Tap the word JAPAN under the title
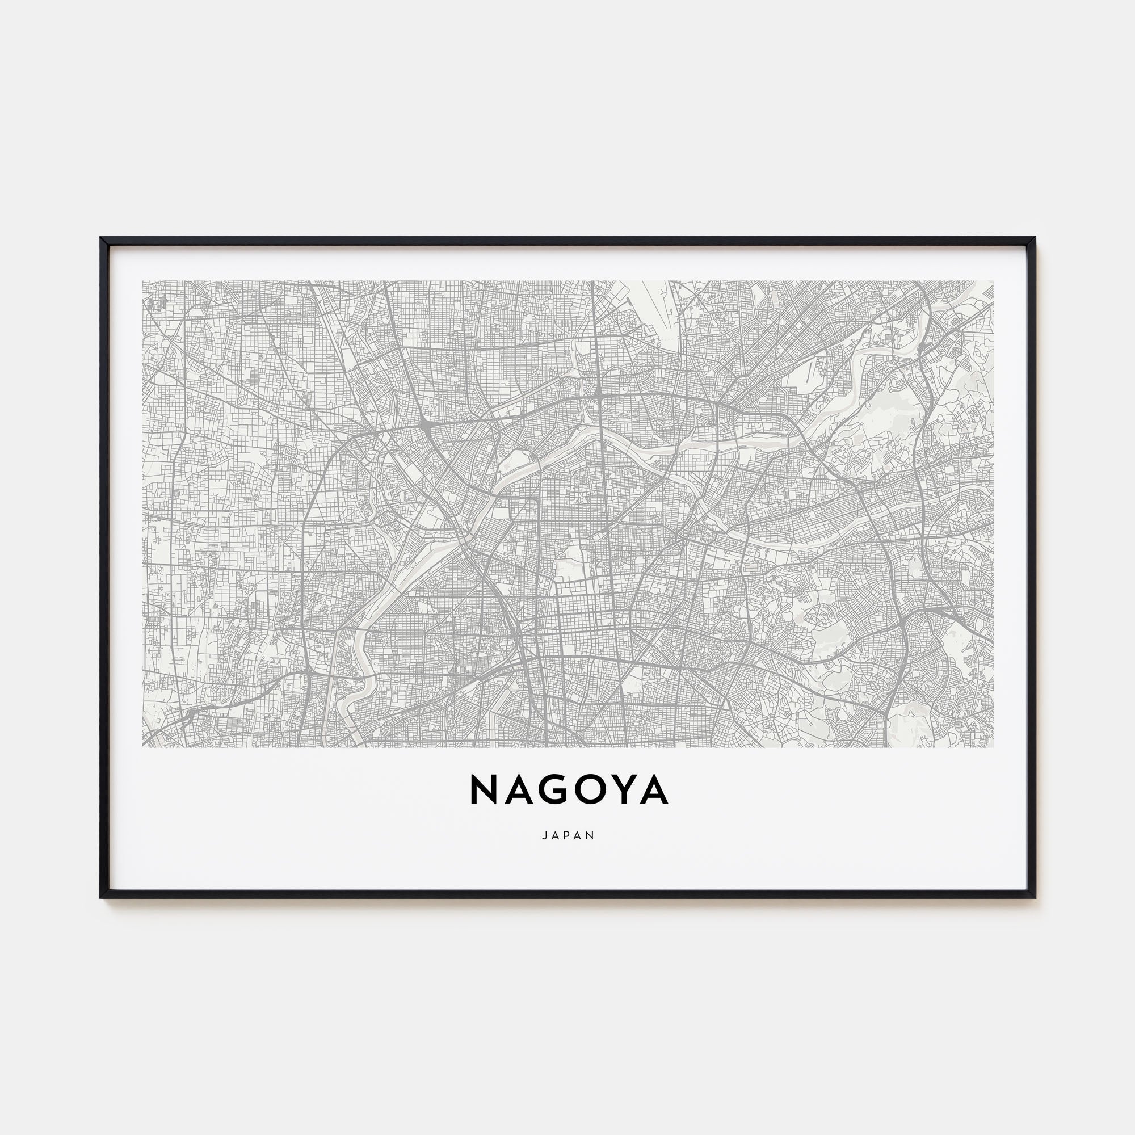(x=568, y=835)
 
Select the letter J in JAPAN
(x=545, y=835)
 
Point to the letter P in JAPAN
(x=568, y=835)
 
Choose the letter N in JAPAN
(x=591, y=835)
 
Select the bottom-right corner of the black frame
(x=1035, y=915)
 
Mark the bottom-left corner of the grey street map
(x=143, y=747)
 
